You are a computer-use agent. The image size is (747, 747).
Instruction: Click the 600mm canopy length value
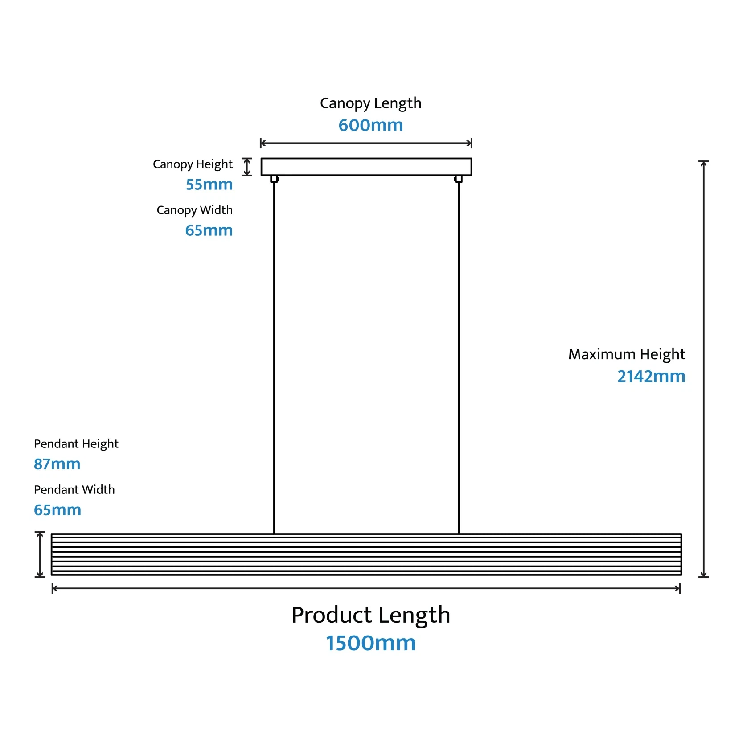[370, 125]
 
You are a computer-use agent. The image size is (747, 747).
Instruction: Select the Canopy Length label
[370, 103]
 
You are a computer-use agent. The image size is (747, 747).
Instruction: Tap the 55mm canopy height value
[209, 185]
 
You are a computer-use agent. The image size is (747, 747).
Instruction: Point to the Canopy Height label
[193, 164]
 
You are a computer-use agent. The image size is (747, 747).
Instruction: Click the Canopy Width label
[194, 210]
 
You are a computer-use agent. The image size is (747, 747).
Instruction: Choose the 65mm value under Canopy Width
[209, 230]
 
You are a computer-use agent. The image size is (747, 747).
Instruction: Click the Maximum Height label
[626, 354]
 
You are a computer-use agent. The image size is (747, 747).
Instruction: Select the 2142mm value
[651, 377]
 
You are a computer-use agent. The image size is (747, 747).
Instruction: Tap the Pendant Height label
[76, 444]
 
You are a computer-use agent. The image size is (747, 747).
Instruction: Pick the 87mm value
[57, 464]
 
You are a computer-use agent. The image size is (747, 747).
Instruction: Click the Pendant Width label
[74, 490]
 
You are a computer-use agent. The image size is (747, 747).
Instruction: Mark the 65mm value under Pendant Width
[57, 510]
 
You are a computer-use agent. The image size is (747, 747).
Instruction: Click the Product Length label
[370, 615]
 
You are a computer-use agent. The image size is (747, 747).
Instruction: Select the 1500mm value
[370, 643]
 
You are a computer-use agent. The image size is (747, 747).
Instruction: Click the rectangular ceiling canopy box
[366, 167]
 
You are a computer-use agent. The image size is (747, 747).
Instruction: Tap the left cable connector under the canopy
[274, 179]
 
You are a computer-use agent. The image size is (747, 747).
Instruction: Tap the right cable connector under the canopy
[458, 179]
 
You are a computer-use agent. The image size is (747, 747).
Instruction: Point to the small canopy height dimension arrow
[247, 167]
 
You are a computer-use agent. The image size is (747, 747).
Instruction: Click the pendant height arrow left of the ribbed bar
[40, 554]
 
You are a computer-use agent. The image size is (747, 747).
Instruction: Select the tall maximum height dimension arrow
[703, 369]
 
